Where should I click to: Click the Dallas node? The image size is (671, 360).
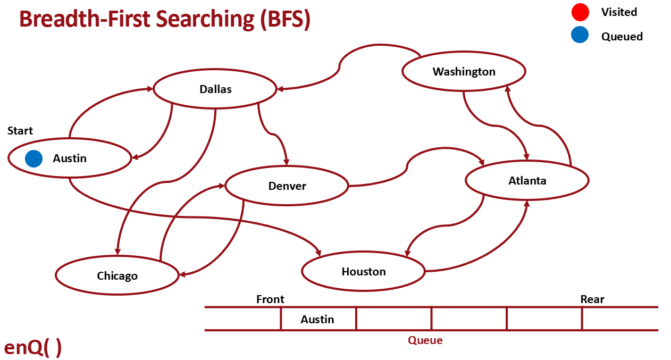tap(215, 89)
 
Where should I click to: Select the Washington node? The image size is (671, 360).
tap(464, 71)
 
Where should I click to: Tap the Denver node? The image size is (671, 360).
tap(287, 186)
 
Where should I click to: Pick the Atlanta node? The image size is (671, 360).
tap(527, 181)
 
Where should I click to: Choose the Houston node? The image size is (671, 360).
tap(364, 272)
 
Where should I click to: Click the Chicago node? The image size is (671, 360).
tap(117, 275)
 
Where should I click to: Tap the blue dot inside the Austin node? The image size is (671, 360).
tap(33, 158)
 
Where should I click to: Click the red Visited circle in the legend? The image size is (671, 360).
tap(580, 12)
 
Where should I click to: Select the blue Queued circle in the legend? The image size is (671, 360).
tap(580, 35)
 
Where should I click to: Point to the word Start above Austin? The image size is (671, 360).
tap(20, 131)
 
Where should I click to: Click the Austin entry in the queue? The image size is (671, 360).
tap(317, 319)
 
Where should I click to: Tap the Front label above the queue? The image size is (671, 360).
tap(270, 299)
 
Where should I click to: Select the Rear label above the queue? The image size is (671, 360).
tap(592, 299)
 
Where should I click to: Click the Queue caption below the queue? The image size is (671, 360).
tap(425, 340)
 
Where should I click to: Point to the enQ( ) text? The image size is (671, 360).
tap(33, 347)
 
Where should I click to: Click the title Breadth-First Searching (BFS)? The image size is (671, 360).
tap(165, 19)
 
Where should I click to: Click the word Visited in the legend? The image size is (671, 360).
tap(619, 12)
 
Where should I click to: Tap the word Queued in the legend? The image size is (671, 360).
tap(622, 36)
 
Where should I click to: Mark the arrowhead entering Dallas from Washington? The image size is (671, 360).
tap(280, 89)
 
